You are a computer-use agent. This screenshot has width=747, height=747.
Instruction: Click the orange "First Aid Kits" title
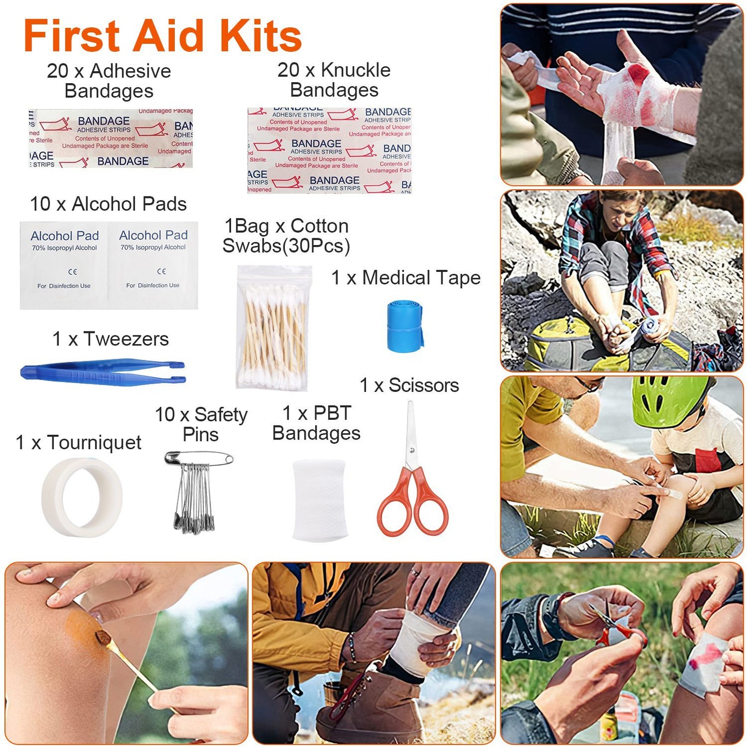162,36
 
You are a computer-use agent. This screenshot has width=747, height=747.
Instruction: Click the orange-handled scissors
412,481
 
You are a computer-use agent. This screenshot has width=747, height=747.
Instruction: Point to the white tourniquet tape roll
82,497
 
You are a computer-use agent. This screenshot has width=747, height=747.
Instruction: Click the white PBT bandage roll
319,499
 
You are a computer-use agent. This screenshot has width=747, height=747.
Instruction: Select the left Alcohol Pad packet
64,266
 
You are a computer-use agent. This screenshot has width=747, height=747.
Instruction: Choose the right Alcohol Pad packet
153,265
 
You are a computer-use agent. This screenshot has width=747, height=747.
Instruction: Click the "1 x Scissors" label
409,385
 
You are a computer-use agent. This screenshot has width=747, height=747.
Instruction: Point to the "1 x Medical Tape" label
406,278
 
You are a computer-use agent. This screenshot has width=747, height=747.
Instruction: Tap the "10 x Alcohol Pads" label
108,204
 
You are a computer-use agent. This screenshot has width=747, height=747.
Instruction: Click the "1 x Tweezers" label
110,339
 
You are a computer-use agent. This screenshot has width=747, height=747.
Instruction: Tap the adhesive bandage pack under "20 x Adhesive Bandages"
111,139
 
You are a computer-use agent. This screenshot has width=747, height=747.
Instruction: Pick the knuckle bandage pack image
329,150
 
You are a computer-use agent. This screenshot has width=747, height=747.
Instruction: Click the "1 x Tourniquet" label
78,443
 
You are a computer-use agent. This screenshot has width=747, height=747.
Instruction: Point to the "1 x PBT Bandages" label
316,423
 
